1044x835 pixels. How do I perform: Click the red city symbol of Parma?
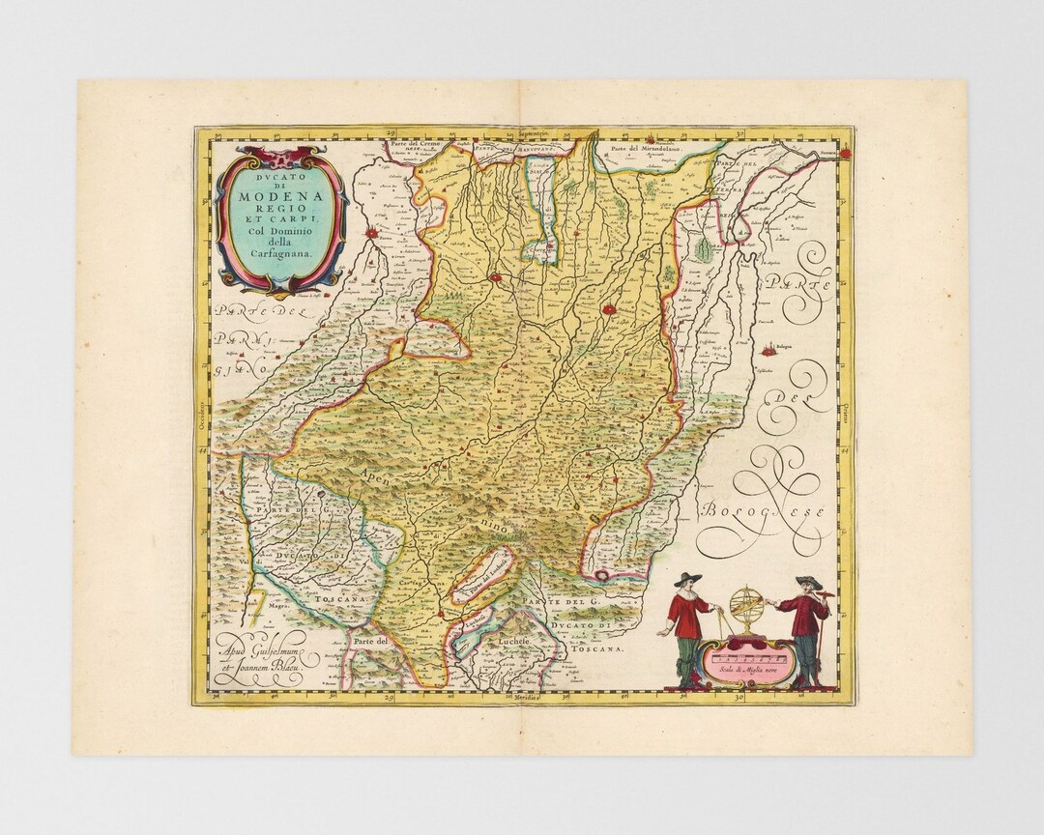click(371, 232)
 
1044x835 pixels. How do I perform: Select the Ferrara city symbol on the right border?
click(846, 152)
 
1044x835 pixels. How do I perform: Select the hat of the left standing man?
click(686, 579)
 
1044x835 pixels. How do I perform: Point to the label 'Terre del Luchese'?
click(481, 579)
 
